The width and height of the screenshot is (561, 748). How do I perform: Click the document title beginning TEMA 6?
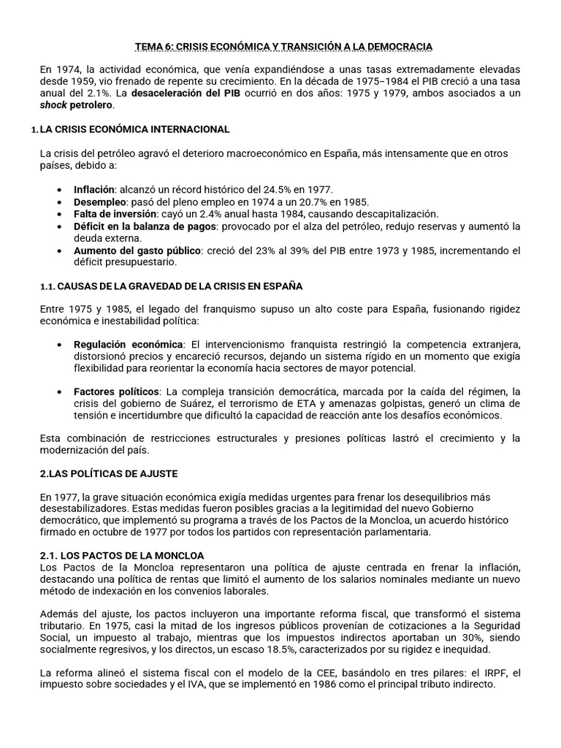pyautogui.click(x=284, y=47)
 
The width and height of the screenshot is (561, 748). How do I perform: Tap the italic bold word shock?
pyautogui.click(x=53, y=105)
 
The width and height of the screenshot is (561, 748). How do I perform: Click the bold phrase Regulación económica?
pyautogui.click(x=129, y=344)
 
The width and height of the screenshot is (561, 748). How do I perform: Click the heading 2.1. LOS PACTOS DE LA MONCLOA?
pyautogui.click(x=122, y=556)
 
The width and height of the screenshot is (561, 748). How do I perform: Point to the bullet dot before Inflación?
pyautogui.click(x=59, y=190)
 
